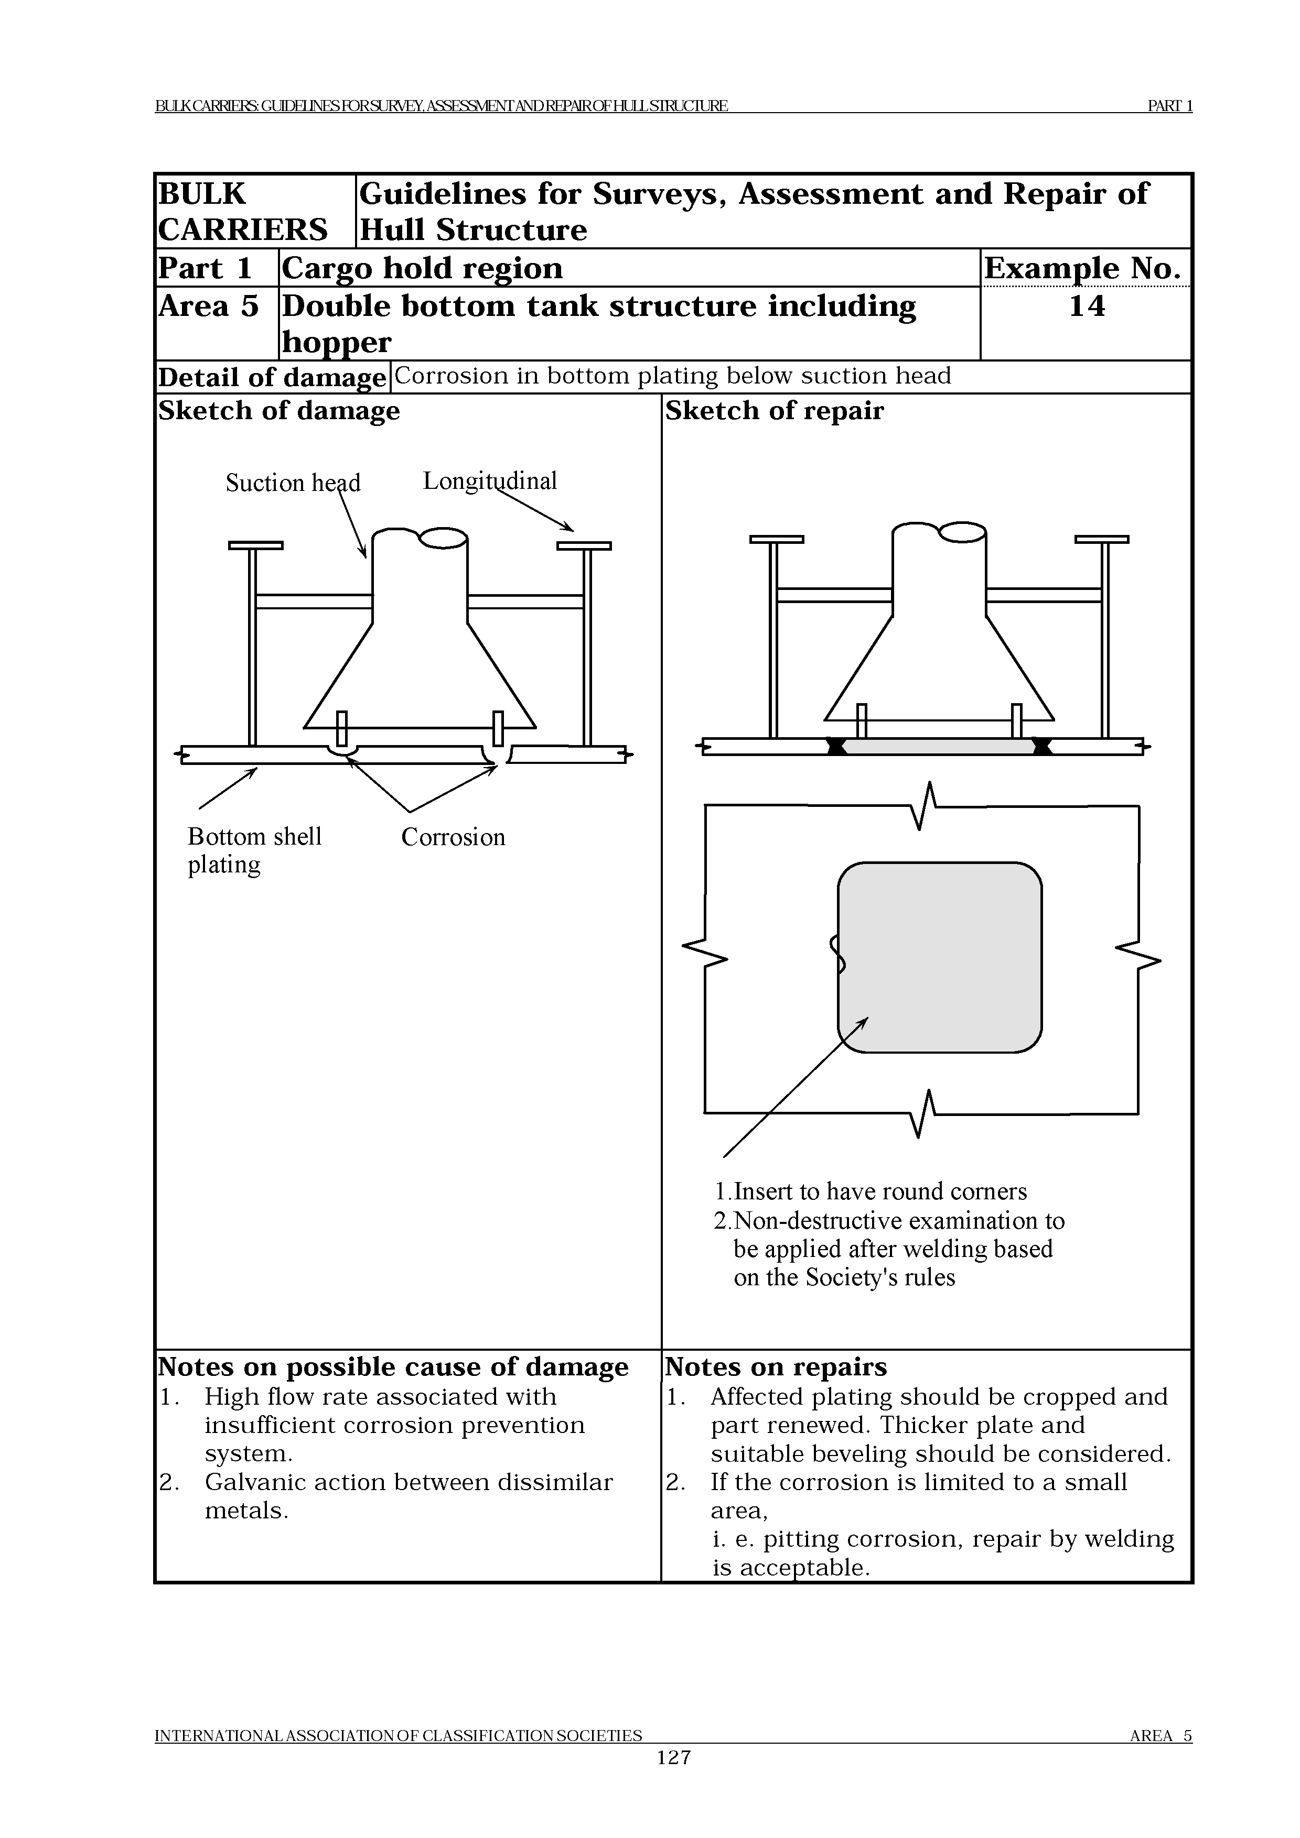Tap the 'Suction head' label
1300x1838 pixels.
[293, 483]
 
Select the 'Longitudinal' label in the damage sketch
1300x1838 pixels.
[489, 481]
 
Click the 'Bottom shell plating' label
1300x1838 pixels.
[254, 850]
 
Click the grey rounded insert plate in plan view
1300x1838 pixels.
[940, 957]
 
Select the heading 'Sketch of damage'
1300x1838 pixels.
[279, 411]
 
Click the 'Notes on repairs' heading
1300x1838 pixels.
[776, 1366]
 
